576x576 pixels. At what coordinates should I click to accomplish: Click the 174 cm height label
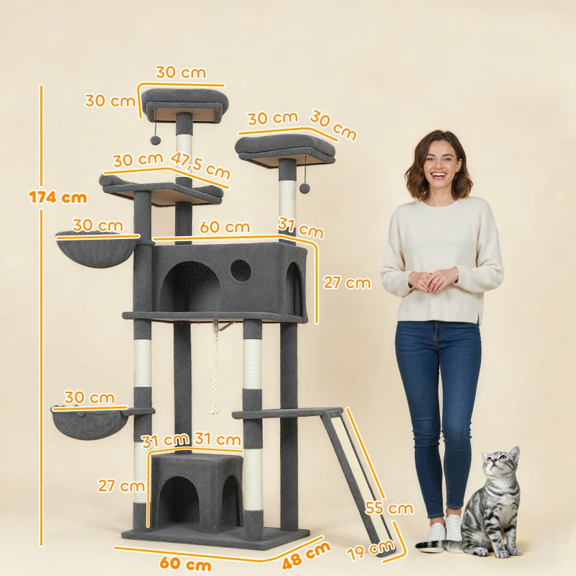(x=58, y=197)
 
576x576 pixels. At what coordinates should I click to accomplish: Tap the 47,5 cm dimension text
(x=201, y=165)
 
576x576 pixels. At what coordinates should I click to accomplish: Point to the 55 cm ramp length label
(x=390, y=508)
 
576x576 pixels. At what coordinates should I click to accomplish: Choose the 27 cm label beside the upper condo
(x=347, y=283)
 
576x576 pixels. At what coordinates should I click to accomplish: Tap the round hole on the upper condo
(x=240, y=271)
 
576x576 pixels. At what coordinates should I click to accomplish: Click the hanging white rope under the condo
(x=214, y=367)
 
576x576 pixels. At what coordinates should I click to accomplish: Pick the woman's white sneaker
(x=454, y=529)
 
